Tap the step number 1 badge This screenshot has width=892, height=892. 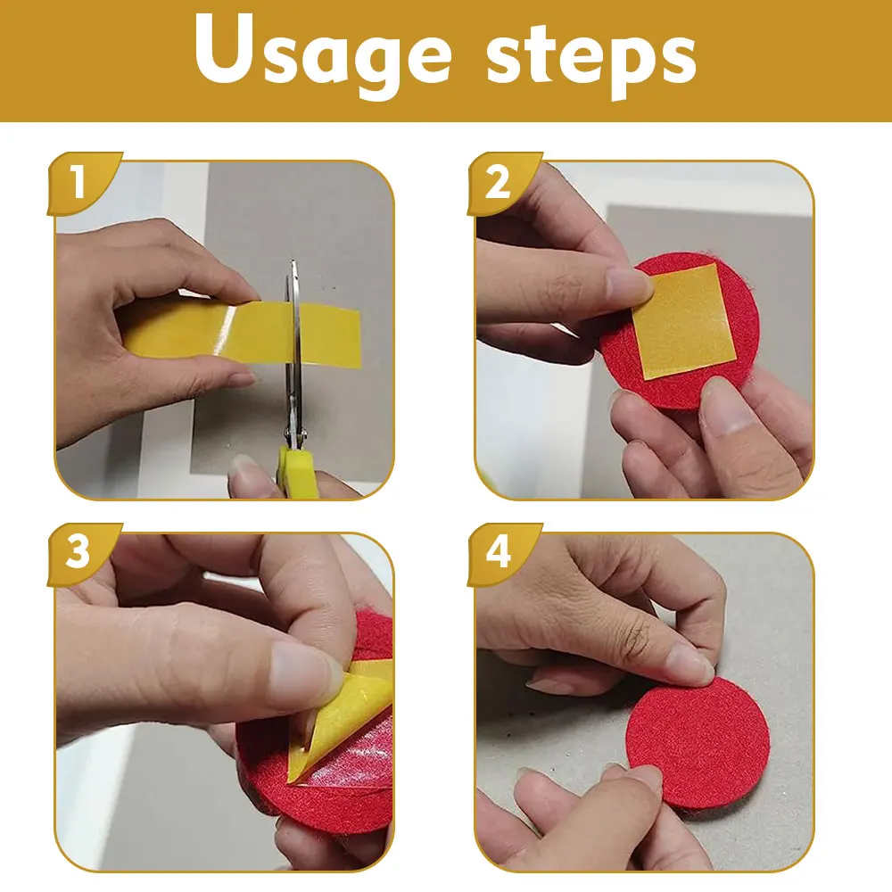pos(78,184)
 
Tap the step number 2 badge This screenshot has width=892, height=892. pos(497,184)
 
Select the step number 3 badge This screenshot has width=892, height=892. pos(78,553)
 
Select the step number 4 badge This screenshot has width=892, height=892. pos(497,553)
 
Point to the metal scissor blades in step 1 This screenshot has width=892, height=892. pos(293,357)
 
